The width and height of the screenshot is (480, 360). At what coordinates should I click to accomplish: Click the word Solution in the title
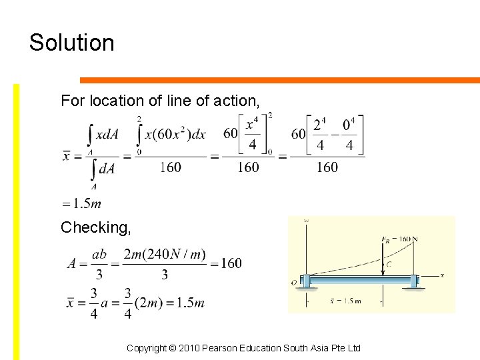click(x=72, y=43)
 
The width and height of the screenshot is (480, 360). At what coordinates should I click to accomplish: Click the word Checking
click(x=95, y=228)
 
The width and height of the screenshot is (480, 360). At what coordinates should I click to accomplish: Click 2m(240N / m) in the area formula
click(x=165, y=255)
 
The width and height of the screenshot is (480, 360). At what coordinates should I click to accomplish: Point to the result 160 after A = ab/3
click(x=231, y=263)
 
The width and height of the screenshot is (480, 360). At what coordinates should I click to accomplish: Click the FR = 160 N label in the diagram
click(x=399, y=239)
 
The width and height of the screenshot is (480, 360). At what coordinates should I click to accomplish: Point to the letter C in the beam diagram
click(x=389, y=264)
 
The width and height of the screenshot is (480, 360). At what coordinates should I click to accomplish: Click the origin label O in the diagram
click(x=294, y=283)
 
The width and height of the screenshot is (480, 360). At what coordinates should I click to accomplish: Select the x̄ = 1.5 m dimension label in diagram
click(x=345, y=301)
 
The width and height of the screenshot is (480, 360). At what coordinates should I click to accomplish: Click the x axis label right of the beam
click(x=442, y=275)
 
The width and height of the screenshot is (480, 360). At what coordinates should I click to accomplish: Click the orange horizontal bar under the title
click(x=279, y=81)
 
